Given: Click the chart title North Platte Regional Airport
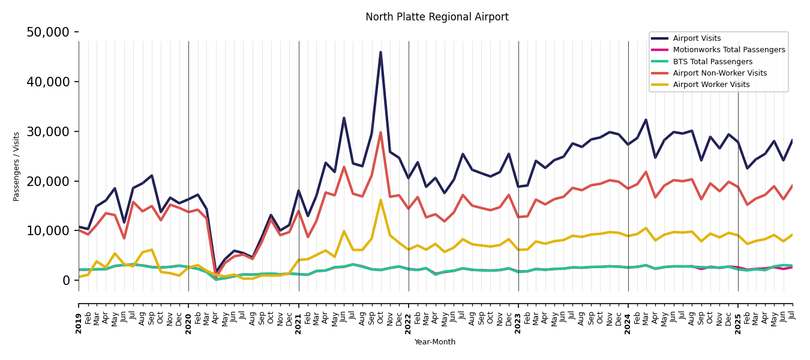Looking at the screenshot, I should coord(437,17).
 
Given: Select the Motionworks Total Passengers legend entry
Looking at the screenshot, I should coord(728,50).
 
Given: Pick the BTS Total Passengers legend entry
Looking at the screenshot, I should coord(712,62).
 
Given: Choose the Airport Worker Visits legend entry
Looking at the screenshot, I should coord(711,85).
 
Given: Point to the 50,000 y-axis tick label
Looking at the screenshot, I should coord(47,32).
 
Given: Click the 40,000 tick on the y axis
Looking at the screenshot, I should coord(47,82).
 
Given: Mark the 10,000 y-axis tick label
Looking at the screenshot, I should coord(47,231).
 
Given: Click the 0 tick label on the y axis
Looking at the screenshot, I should coord(66,281).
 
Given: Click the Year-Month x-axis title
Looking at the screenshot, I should coord(435,342).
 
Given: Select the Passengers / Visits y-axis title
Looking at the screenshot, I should coord(17,166).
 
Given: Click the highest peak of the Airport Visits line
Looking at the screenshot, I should coord(380,52).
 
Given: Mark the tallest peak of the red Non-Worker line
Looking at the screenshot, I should coord(380,133).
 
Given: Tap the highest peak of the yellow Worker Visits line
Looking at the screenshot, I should coord(380,200).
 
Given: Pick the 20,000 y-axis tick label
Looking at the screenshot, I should coord(47,181).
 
